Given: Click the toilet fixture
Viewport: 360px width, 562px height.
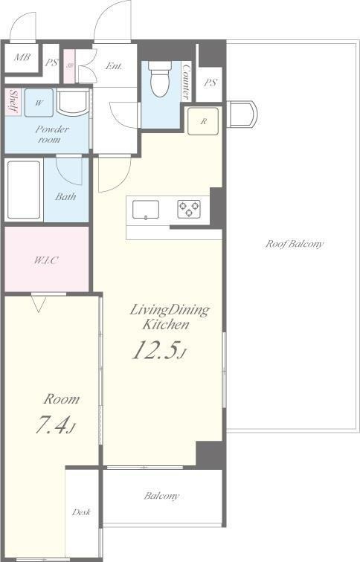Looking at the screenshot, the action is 160,79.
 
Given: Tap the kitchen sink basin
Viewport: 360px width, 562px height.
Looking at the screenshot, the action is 146,210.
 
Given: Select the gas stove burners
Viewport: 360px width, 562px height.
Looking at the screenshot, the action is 189,210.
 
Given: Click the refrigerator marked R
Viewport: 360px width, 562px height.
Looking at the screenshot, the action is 203,121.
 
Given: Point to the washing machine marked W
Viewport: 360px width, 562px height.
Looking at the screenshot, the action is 39,103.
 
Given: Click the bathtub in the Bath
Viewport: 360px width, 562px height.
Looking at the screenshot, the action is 24,190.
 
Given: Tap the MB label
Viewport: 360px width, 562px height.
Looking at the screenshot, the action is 22,57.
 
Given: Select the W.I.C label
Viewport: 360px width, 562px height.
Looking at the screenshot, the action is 46,260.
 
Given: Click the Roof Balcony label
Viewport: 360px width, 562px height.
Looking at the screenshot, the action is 294,244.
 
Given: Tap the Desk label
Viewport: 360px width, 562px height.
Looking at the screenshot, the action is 81,511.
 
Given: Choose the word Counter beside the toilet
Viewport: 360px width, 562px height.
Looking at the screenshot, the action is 186,82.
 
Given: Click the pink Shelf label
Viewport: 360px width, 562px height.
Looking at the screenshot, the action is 13,101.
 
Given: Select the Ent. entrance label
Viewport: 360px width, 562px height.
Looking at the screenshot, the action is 114,66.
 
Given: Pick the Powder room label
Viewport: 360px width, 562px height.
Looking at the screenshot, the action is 51,134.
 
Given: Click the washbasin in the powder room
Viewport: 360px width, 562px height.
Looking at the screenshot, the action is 73,103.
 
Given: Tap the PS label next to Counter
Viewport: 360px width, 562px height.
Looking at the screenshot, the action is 210,83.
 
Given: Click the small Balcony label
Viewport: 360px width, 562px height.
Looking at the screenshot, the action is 161,496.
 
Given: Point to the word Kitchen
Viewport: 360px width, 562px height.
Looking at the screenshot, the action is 166,325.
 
